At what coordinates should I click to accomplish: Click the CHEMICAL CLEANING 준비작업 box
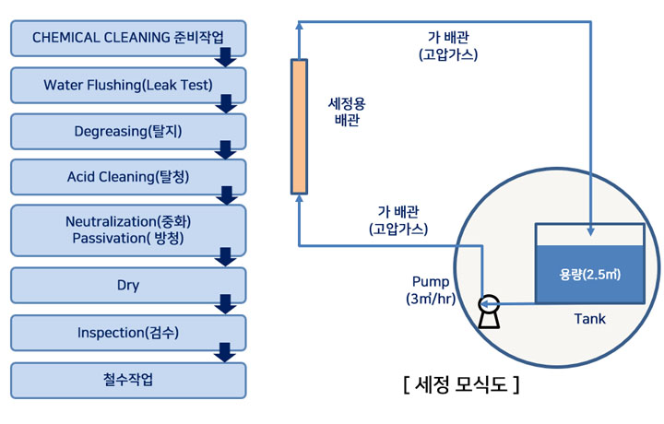[128, 38]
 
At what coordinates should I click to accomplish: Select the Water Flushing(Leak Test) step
[128, 85]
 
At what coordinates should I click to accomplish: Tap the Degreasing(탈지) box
[128, 131]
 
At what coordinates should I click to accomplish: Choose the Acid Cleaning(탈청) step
[128, 176]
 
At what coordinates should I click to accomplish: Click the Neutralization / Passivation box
[128, 230]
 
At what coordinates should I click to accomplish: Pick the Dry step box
[128, 285]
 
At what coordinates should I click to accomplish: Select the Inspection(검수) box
[128, 332]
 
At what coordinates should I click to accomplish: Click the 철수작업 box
[128, 380]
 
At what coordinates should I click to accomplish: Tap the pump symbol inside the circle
[488, 309]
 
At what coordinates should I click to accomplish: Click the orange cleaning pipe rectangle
[298, 125]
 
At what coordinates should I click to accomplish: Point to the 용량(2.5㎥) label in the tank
[587, 274]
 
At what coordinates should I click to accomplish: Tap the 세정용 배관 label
[347, 112]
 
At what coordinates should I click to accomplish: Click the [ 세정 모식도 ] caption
[461, 383]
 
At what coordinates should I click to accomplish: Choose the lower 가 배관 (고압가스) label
[398, 218]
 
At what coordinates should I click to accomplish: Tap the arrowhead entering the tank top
[588, 221]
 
